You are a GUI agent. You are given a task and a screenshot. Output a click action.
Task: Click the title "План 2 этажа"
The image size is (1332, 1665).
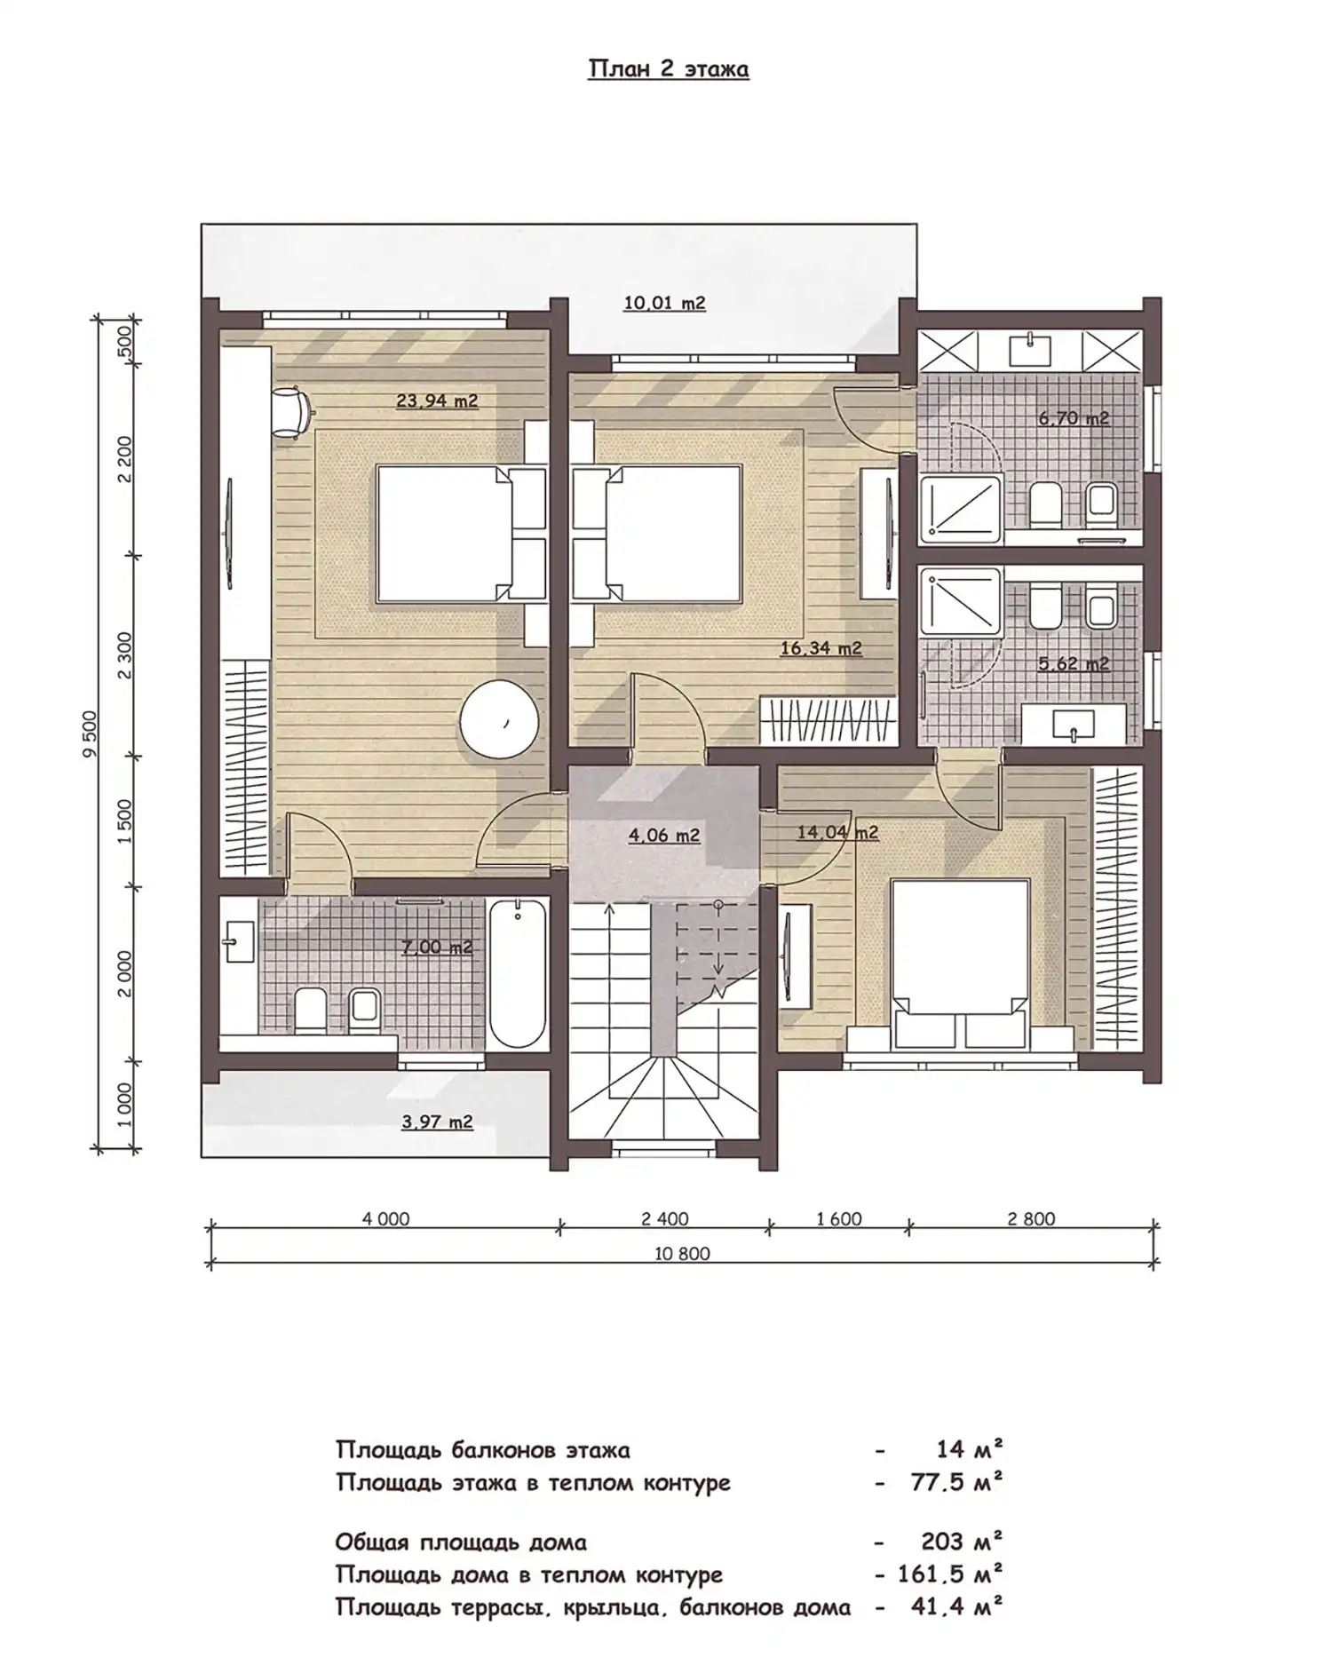click(668, 69)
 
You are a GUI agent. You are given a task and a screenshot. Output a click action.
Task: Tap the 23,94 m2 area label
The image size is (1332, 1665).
click(437, 400)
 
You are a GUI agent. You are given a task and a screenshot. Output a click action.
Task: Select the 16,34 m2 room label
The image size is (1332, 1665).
click(821, 648)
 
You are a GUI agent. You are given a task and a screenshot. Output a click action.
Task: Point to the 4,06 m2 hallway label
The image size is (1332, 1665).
click(663, 835)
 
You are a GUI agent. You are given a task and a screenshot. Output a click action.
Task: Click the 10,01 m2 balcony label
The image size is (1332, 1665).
click(664, 303)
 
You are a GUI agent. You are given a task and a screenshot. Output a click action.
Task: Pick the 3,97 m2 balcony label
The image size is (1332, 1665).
click(437, 1122)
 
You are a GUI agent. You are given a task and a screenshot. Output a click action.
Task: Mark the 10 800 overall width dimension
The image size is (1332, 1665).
click(682, 1254)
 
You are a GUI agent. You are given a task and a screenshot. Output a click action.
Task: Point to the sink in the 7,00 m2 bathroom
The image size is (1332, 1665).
click(238, 941)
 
